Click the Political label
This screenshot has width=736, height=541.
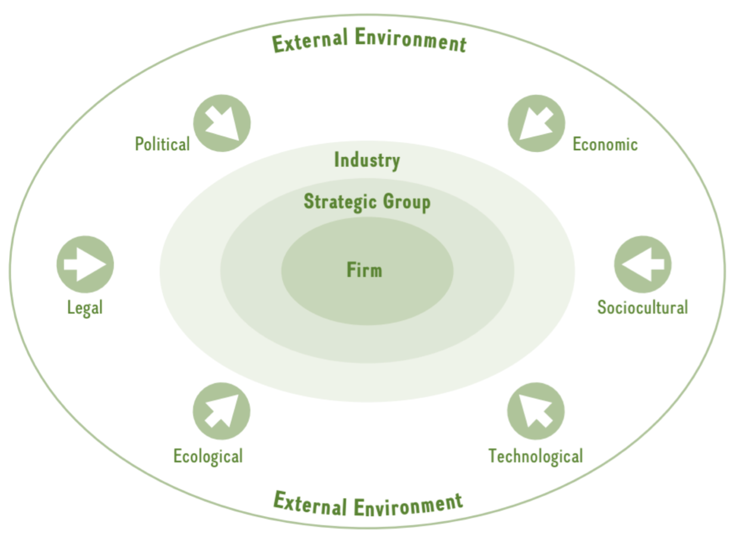tap(162, 144)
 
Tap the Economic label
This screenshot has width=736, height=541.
tap(605, 144)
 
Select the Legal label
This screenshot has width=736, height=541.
tap(85, 307)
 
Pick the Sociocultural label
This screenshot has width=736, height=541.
tap(642, 307)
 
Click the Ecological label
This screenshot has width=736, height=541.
tap(208, 456)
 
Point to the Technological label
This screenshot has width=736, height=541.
tap(535, 456)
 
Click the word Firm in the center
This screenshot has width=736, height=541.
tap(364, 270)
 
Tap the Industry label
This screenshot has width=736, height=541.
tap(367, 160)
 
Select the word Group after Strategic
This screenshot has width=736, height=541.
tap(407, 202)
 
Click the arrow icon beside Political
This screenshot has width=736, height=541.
tap(222, 123)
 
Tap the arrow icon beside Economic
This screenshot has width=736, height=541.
tap(536, 123)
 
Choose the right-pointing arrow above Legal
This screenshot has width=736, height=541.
tap(85, 265)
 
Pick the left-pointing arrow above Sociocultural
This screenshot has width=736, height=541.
tap(643, 265)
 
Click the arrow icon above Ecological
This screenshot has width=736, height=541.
tap(221, 411)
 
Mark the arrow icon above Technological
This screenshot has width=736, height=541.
tap(536, 411)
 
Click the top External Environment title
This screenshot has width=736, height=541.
tap(369, 40)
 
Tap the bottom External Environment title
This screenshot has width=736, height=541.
tap(368, 503)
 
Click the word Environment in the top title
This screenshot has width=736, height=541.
tap(410, 40)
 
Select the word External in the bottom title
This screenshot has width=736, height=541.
tap(310, 502)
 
